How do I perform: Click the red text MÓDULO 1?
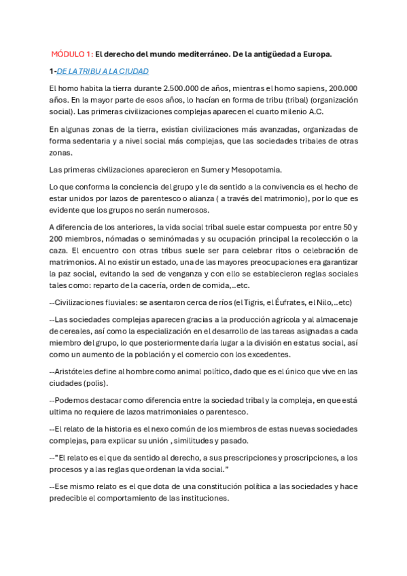point(71,54)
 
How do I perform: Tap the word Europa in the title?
point(315,54)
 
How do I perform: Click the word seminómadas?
point(184,238)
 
